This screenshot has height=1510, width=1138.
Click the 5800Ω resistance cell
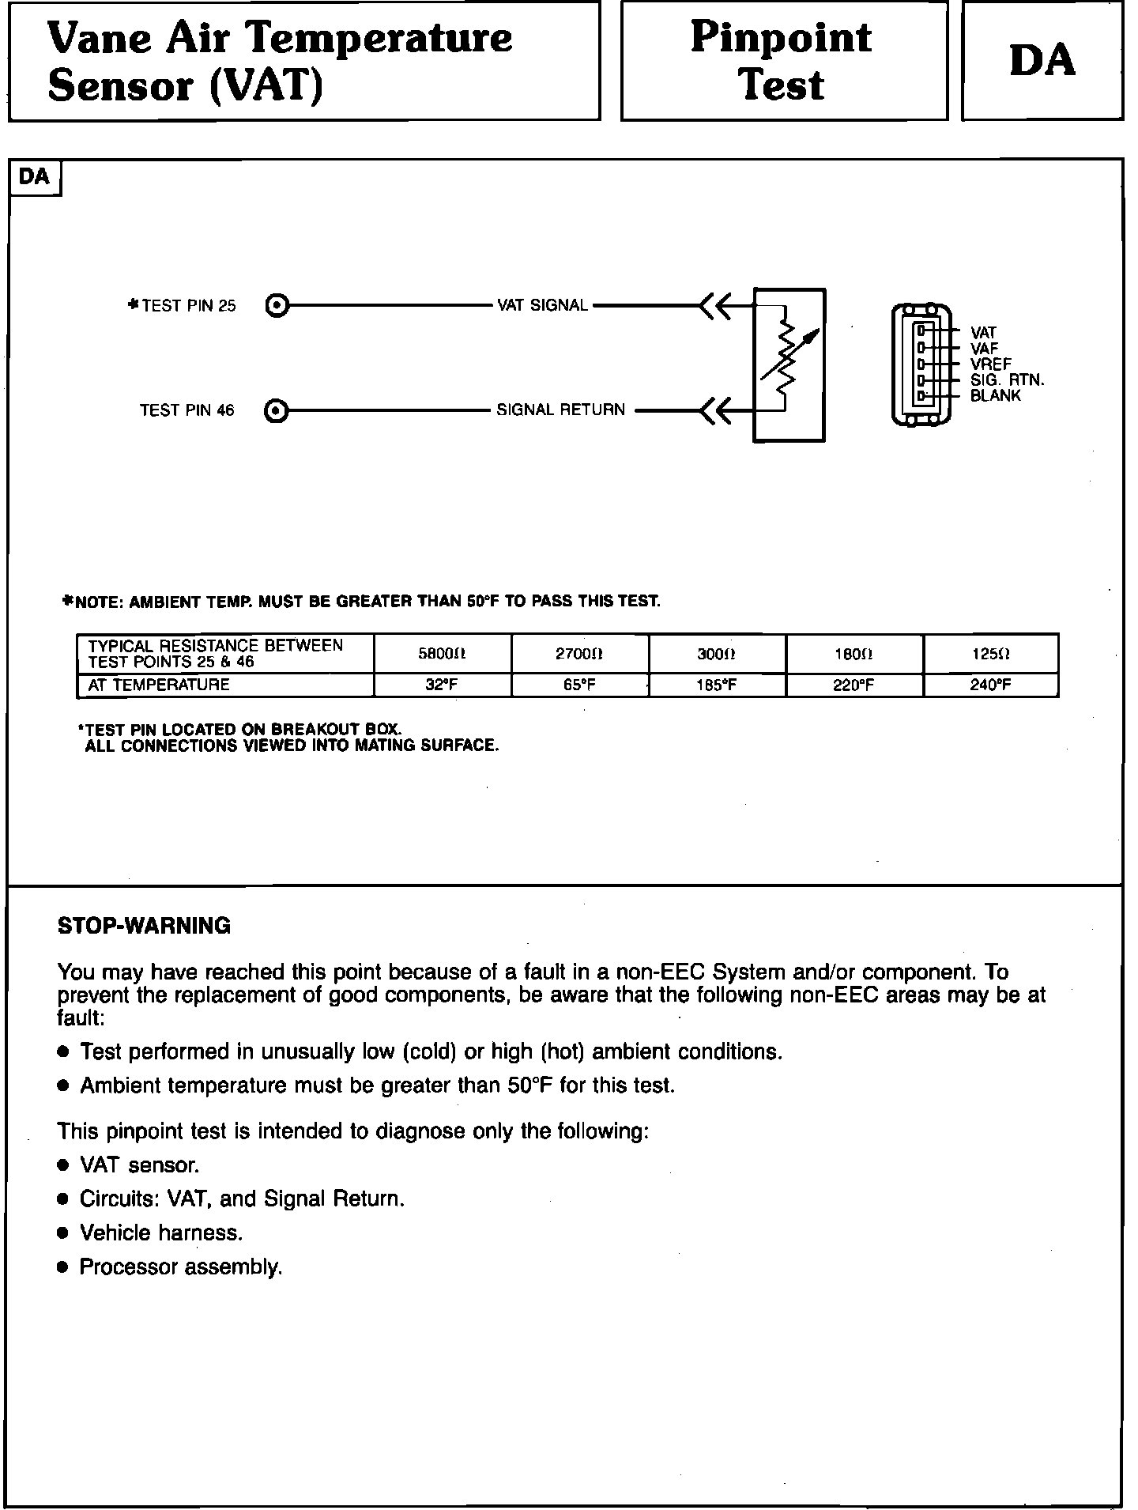[442, 654]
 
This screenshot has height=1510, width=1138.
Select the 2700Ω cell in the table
[579, 654]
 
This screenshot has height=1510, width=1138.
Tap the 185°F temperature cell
[716, 685]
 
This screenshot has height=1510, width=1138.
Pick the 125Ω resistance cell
[990, 654]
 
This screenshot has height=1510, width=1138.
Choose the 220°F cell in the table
[853, 685]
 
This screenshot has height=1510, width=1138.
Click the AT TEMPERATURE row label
[159, 685]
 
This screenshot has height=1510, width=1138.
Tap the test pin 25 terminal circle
[277, 305]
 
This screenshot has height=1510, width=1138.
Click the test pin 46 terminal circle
[277, 410]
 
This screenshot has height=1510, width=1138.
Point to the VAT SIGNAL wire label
[542, 305]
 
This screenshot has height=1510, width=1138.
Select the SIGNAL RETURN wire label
[560, 410]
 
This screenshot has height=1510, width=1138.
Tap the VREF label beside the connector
[990, 364]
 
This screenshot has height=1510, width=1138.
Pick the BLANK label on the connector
[995, 396]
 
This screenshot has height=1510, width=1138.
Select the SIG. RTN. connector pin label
[1007, 380]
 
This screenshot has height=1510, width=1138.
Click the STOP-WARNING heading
[144, 926]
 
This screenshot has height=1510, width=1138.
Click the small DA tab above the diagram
[34, 177]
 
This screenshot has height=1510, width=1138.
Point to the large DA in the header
[1042, 61]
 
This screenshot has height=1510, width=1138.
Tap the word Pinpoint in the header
[781, 37]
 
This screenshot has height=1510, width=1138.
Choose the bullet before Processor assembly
[63, 1267]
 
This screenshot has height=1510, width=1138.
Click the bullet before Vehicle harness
[63, 1233]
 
